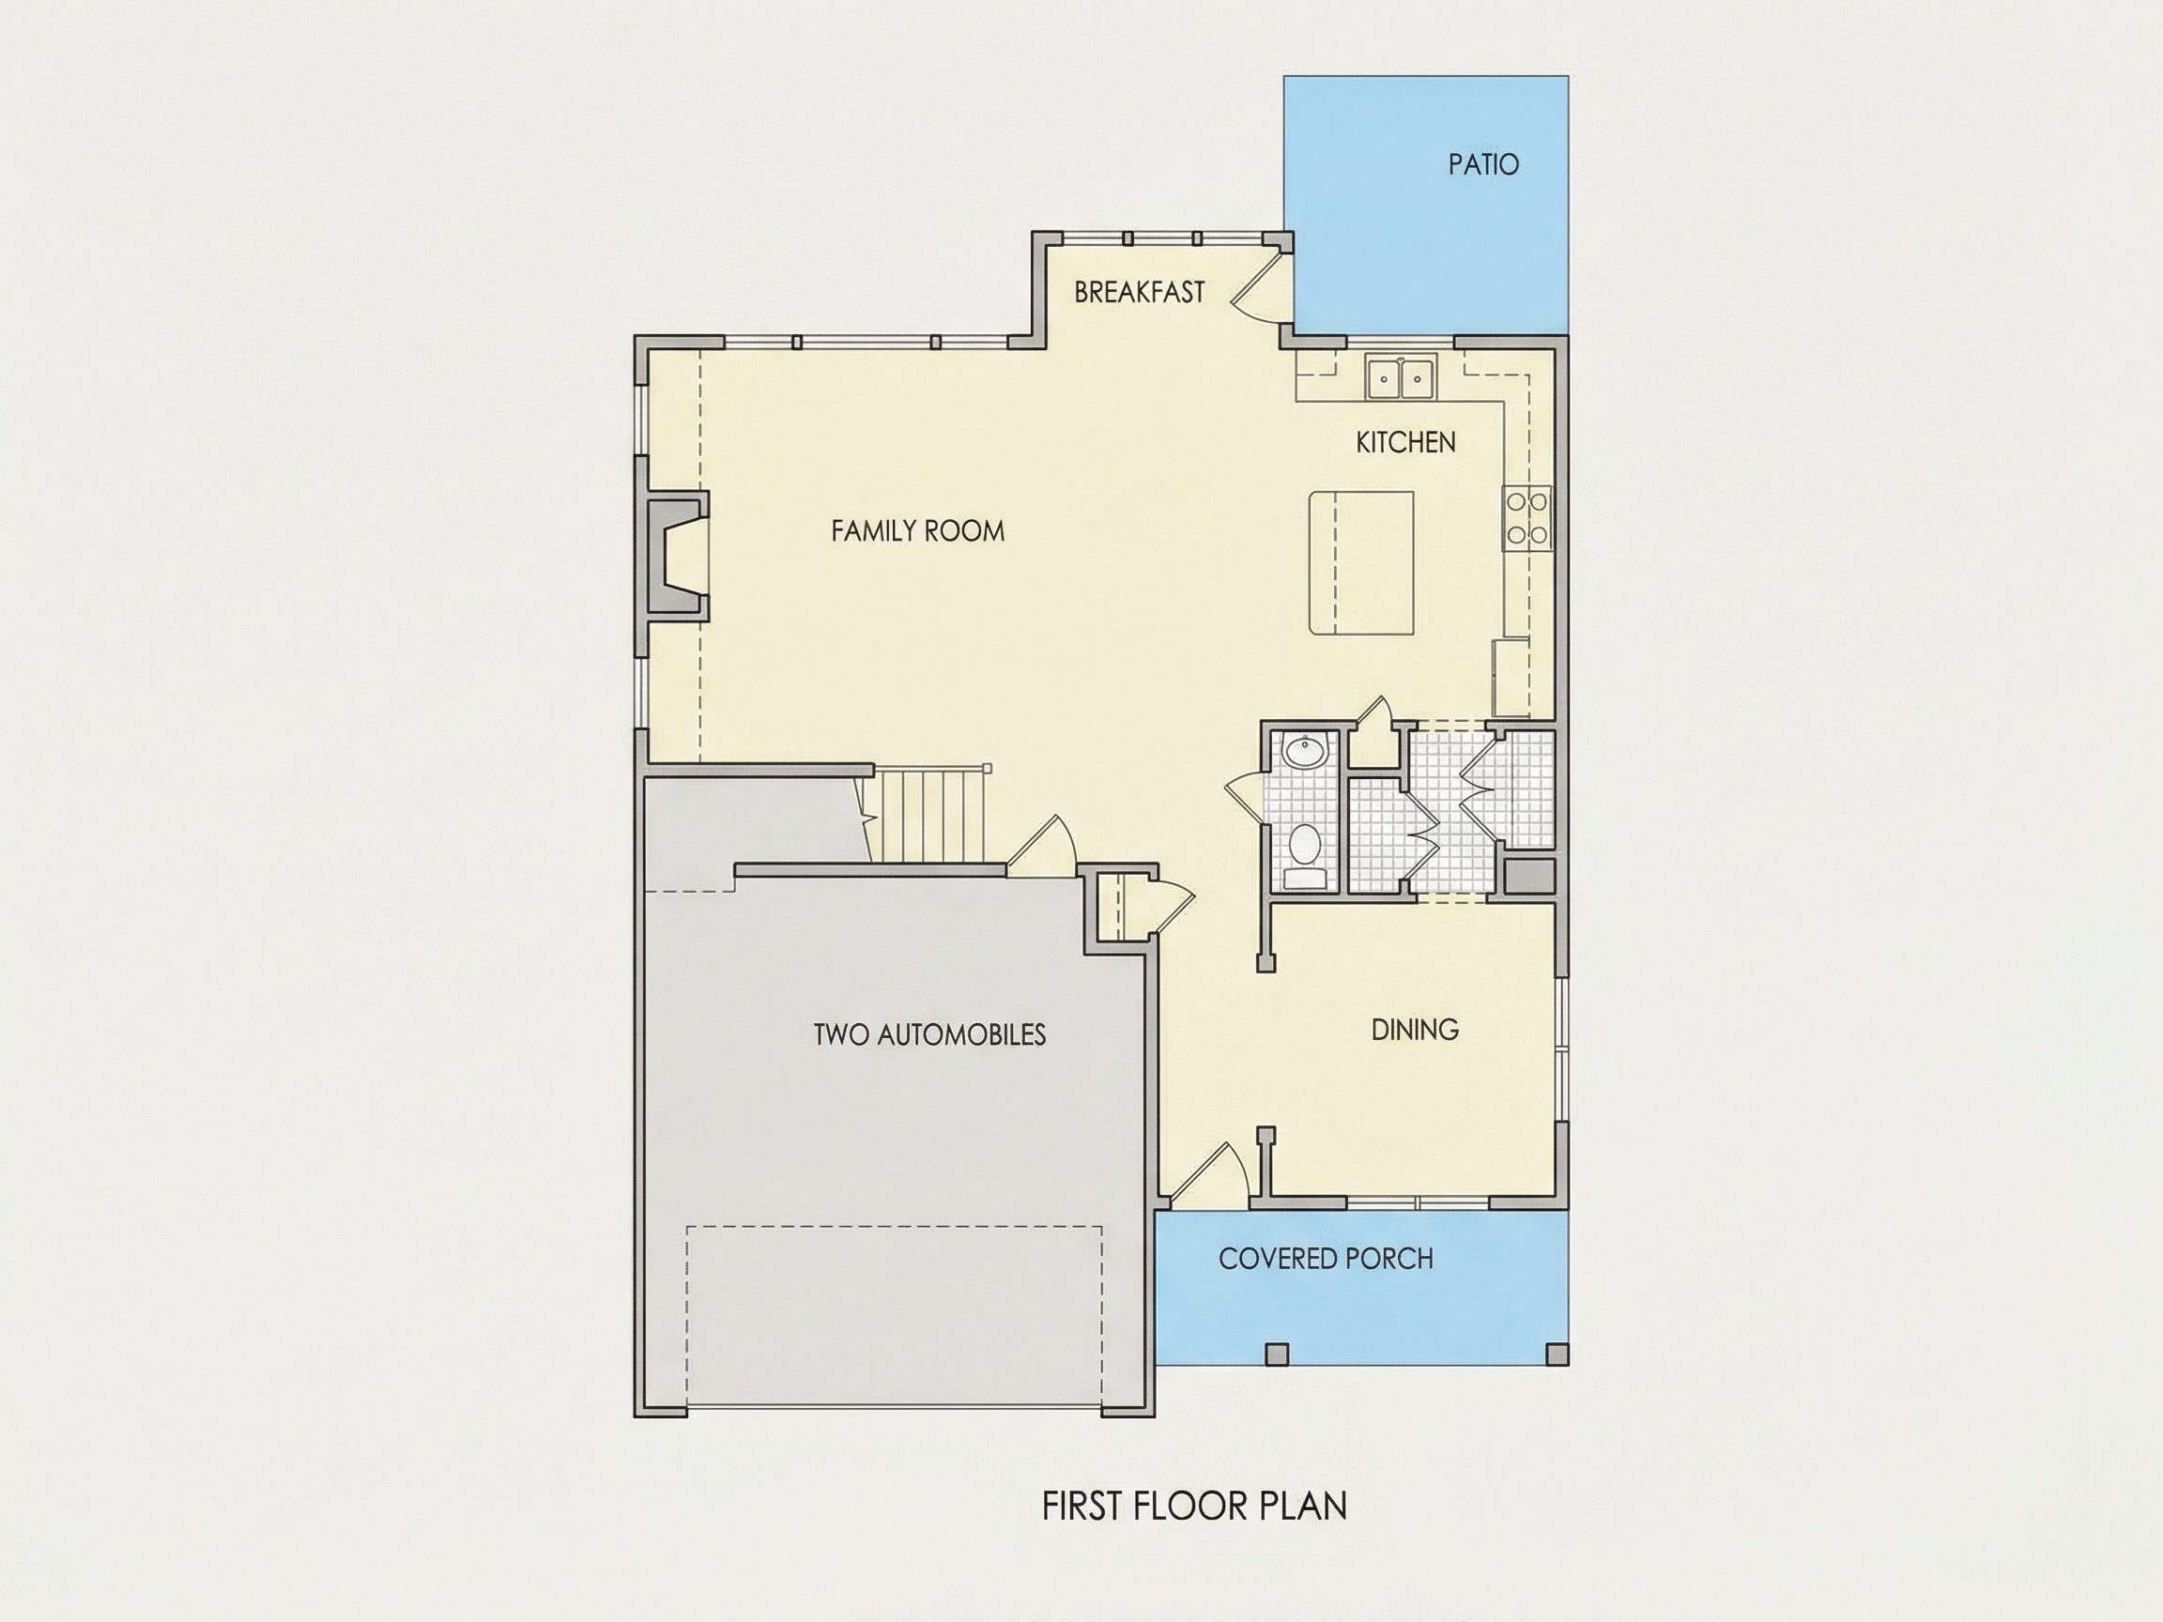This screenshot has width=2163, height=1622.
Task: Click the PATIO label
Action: [x=1483, y=164]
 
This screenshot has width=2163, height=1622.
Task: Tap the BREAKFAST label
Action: [x=1139, y=292]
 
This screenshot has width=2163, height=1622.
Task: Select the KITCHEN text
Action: [x=1405, y=443]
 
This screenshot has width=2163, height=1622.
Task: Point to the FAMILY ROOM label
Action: [x=917, y=531]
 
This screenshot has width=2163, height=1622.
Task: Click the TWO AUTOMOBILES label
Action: [x=929, y=1034]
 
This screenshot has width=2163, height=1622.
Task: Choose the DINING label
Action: [x=1415, y=1030]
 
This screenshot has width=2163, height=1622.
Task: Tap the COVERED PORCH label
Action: [x=1326, y=1259]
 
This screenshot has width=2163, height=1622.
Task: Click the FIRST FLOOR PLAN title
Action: [x=1194, y=1507]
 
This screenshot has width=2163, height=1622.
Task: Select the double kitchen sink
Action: [x=1402, y=376]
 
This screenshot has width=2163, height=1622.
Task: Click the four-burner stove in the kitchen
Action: [x=1526, y=518]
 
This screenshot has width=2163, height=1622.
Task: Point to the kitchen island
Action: [x=1361, y=563]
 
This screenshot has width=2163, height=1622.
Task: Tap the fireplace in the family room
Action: [x=677, y=555]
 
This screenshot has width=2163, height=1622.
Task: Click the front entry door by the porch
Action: [x=1208, y=1172]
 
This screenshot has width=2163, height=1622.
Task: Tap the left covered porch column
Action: [x=1277, y=1354]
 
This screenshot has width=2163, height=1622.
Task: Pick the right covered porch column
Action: [x=1557, y=1354]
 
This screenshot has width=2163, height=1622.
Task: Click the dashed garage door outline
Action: [x=894, y=1315]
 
